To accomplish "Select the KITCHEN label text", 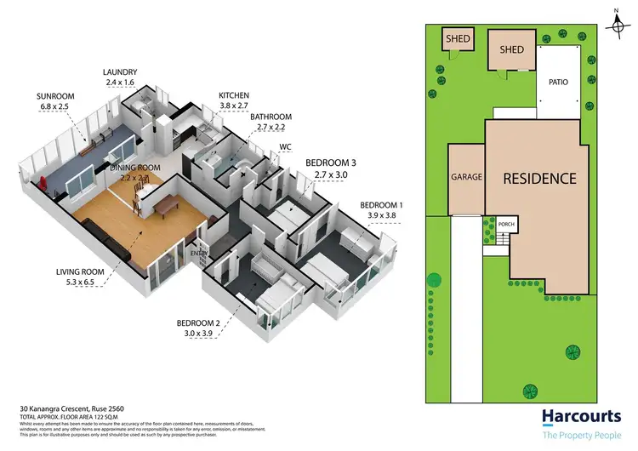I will click(x=233, y=95).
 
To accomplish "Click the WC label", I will click(x=286, y=147).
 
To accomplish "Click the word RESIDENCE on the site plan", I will click(x=539, y=179).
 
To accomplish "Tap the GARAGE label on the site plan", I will click(x=466, y=178).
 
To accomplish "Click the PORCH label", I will click(x=508, y=225).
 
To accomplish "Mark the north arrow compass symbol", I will click(x=612, y=16).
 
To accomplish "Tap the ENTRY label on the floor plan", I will click(x=200, y=253).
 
